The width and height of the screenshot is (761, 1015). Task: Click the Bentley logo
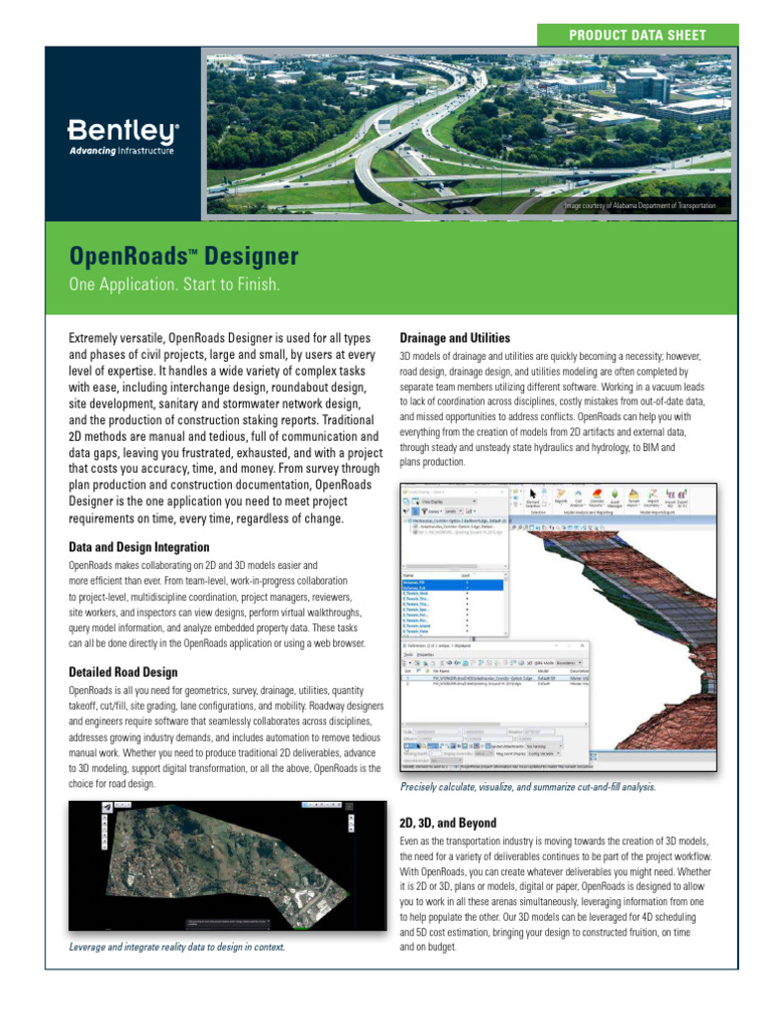pos(122,130)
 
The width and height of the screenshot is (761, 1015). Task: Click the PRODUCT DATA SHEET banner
pos(637,35)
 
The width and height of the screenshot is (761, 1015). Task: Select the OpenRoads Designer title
pos(183,257)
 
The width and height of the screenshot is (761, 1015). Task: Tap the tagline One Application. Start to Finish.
pos(173,285)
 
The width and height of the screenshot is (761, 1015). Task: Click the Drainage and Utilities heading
pos(455,338)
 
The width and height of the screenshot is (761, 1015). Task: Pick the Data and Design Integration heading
pos(139,546)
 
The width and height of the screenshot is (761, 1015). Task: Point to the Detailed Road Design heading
pos(123,672)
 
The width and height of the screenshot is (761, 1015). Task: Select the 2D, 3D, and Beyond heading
pos(448,824)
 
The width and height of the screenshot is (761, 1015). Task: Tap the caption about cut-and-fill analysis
pos(527,787)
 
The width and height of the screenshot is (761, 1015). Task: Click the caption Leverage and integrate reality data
pos(176,947)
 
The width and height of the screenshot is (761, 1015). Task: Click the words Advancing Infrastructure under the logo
pos(121,151)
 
